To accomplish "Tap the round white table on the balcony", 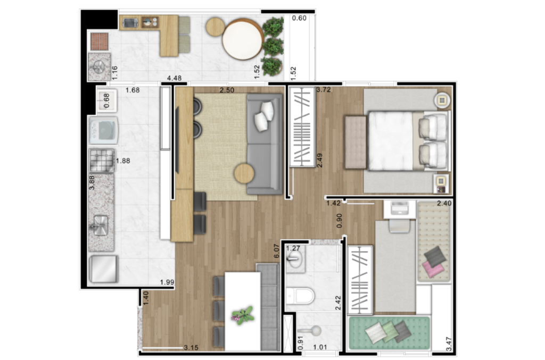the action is (243, 39).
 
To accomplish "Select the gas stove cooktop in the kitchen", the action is (102, 160).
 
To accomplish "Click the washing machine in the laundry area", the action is (104, 130).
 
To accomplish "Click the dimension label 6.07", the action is (277, 250).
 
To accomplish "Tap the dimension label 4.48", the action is (174, 78).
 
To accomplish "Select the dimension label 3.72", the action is (323, 89).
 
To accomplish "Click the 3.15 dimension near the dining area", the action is (191, 347).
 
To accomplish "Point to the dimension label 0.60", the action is (299, 18).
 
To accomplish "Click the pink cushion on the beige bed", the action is (433, 268).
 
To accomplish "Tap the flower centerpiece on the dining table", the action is (243, 315).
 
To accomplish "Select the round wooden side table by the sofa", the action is (244, 173).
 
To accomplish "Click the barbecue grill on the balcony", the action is (100, 41).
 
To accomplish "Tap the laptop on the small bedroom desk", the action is (399, 208).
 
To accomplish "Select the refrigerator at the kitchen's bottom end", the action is (104, 269).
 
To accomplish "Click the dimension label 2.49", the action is (319, 160).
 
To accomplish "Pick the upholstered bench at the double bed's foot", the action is (355, 143).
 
